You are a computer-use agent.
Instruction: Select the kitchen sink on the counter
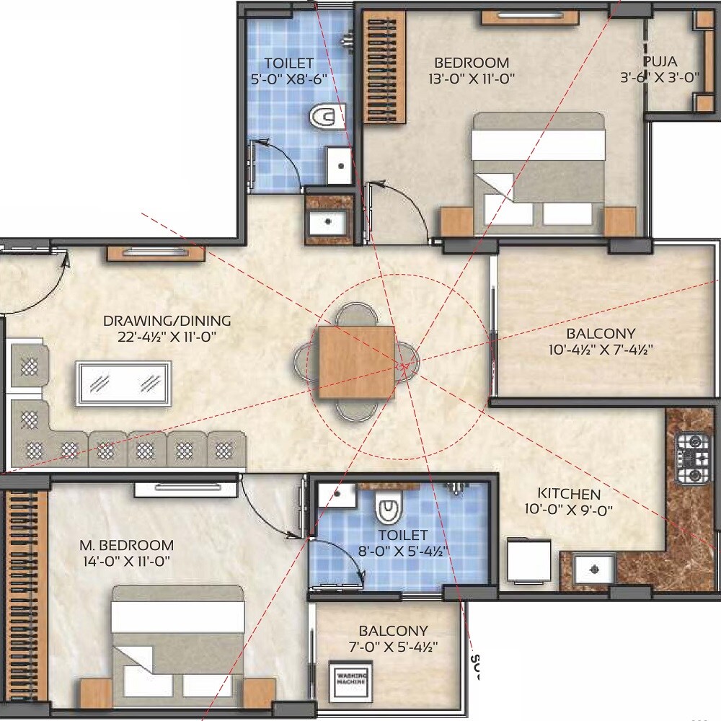(595, 569)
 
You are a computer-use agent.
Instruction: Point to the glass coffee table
(125, 383)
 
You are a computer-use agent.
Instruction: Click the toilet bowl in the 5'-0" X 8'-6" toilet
(328, 115)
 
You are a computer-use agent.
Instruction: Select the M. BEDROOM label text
(126, 545)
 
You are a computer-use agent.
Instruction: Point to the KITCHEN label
(569, 494)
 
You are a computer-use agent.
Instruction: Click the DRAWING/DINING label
(167, 321)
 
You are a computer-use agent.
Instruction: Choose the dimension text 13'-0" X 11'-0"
(471, 79)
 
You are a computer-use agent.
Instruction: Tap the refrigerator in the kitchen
(528, 559)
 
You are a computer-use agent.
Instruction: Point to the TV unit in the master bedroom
(186, 488)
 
